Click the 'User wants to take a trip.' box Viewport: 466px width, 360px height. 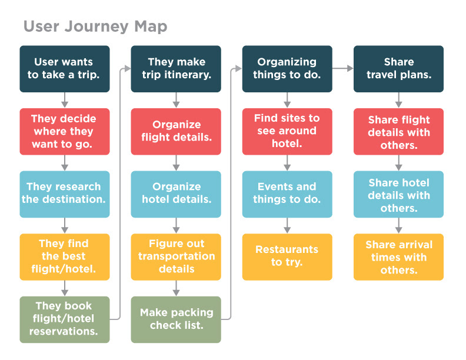point(65,69)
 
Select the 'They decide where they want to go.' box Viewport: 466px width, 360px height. point(65,131)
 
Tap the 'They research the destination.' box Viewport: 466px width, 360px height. point(65,194)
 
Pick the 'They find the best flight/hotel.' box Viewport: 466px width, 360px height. point(65,256)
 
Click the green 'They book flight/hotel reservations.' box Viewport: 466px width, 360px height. point(65,319)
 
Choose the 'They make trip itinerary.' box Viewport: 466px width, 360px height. point(176,69)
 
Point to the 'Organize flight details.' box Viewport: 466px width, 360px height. point(176,131)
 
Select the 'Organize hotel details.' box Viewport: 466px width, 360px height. point(176,194)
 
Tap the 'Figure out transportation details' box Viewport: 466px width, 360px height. point(176,256)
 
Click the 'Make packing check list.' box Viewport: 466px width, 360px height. point(176,319)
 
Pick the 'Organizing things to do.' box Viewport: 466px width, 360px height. point(287,69)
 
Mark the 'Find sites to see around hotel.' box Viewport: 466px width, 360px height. point(287,131)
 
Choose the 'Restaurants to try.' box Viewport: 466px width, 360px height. point(287,256)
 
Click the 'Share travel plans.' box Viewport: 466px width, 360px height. point(398,69)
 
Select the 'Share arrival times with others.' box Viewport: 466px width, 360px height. point(398,256)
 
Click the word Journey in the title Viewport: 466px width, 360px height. point(96,27)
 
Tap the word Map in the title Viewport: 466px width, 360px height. point(151,27)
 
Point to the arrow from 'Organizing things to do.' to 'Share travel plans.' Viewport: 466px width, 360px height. point(342,68)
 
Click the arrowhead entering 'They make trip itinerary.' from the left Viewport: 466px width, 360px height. point(128,69)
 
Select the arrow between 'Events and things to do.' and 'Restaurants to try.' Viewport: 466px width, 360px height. point(287,225)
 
